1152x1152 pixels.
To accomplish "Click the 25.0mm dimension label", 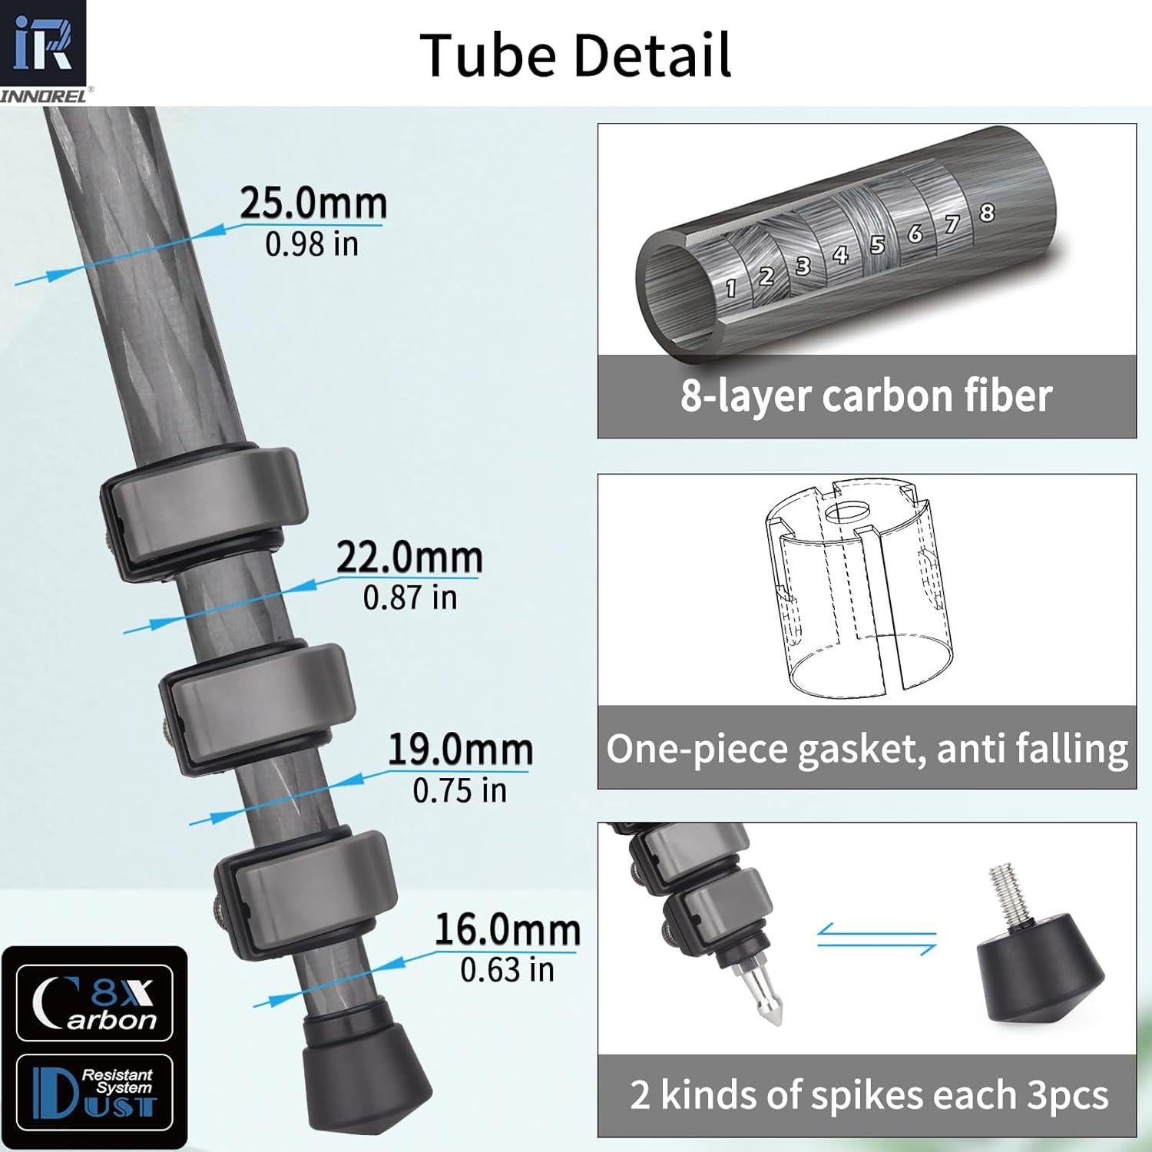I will pos(313,204).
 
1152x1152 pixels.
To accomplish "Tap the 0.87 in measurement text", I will pos(409,598).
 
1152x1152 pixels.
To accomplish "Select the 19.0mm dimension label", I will pos(459,750).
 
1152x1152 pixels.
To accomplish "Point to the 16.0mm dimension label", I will pos(507,930).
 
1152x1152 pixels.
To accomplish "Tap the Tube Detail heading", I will pos(575,55).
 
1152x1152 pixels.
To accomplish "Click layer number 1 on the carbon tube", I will pos(730,288).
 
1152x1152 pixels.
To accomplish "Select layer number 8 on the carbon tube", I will pos(987,212).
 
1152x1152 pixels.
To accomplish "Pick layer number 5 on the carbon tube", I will pos(877,245).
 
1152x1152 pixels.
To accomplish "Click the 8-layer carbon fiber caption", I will pos(866,396).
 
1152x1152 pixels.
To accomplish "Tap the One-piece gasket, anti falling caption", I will pos(866,748).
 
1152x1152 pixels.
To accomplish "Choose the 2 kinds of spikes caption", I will pos(868,1095).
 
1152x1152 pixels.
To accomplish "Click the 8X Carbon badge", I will pos(94,1003).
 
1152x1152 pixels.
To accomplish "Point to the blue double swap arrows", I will pos(876,938).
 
